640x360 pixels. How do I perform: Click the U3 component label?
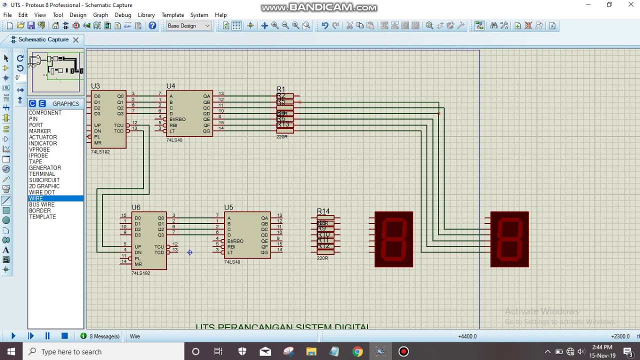[95, 86]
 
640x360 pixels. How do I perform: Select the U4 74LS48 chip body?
[189, 113]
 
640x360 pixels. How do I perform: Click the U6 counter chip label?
[135, 207]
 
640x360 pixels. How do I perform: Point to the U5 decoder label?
[228, 207]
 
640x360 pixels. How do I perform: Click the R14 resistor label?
[323, 211]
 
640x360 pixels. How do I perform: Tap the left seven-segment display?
[394, 239]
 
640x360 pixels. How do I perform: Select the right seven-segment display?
[509, 239]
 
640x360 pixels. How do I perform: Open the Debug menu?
[122, 15]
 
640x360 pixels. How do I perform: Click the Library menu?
[146, 15]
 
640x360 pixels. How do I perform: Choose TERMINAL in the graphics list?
[42, 174]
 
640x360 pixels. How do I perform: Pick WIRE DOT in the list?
[42, 192]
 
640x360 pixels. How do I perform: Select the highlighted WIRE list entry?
[36, 198]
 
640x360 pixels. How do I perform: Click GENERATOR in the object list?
[44, 168]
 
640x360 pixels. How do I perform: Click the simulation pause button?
[47, 336]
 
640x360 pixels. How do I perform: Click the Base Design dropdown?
[188, 26]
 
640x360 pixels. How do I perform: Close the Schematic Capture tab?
[75, 39]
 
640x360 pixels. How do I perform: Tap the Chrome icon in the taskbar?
[357, 351]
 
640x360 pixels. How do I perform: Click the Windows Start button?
[11, 351]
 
